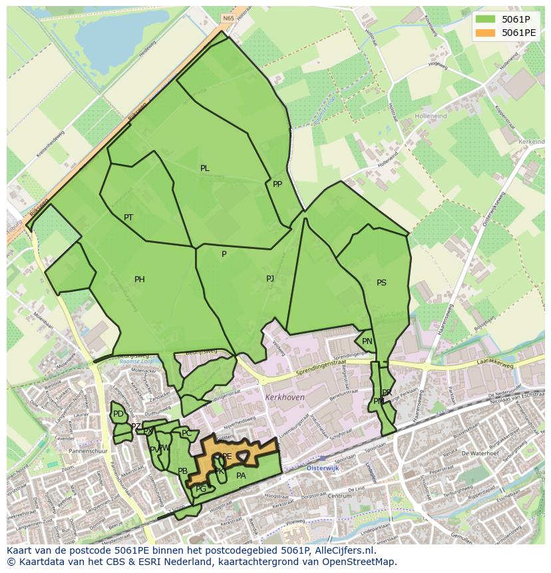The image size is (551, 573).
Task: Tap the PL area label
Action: tap(205, 168)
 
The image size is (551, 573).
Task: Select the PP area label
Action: tap(277, 184)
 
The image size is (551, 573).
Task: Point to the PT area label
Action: tap(128, 218)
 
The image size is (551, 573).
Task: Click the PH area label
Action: tap(140, 280)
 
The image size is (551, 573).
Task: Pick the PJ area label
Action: tap(270, 279)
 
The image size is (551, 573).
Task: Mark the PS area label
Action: tap(381, 283)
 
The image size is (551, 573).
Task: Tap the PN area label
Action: tap(367, 341)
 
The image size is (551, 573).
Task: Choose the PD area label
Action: tap(118, 414)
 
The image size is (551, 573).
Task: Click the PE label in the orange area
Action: tap(227, 457)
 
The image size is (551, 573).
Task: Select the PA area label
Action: tap(241, 475)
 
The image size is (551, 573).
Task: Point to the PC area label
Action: tap(186, 433)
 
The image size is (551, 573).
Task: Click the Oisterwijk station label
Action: tap(323, 469)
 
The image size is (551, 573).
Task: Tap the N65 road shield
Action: tap(228, 19)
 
